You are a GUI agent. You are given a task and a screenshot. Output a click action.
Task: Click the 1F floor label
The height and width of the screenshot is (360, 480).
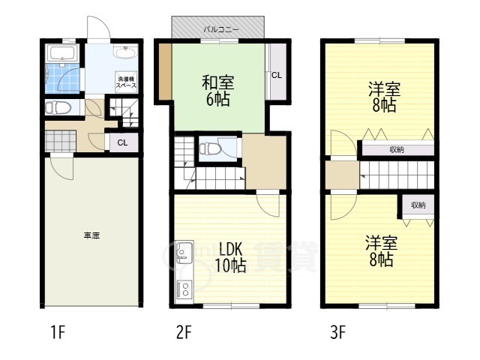click(x=58, y=332)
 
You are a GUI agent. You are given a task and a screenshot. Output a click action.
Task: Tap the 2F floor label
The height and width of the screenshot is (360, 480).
click(x=184, y=332)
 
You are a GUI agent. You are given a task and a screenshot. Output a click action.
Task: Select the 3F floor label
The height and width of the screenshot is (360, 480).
click(x=338, y=332)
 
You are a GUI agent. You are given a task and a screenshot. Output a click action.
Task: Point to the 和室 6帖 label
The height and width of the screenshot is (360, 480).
click(x=218, y=91)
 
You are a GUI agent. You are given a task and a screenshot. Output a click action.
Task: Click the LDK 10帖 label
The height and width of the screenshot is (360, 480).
click(x=230, y=257)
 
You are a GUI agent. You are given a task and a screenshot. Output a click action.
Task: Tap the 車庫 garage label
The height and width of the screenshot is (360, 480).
click(x=91, y=235)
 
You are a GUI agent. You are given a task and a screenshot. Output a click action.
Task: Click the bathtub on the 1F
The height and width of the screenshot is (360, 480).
click(x=63, y=52)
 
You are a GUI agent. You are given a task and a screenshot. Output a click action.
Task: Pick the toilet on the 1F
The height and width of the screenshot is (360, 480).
click(x=58, y=108)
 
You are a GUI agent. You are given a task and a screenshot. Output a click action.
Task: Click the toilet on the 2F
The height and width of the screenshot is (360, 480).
click(x=210, y=148)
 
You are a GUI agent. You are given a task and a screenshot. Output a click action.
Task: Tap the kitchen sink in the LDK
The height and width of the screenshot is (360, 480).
click(x=184, y=253)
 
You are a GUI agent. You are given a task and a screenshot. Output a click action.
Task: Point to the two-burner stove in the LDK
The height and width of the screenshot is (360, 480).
click(x=185, y=289)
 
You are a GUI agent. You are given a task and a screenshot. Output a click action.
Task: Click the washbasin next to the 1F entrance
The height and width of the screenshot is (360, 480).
click(x=125, y=52)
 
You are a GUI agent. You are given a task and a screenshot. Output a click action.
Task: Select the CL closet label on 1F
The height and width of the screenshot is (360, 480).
click(x=122, y=142)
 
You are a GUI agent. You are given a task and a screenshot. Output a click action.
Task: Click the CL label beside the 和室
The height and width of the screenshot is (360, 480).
click(x=277, y=75)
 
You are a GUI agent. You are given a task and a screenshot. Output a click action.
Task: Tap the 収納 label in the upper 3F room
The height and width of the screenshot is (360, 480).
click(x=397, y=150)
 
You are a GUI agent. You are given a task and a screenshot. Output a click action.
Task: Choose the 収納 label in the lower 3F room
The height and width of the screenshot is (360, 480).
click(x=418, y=205)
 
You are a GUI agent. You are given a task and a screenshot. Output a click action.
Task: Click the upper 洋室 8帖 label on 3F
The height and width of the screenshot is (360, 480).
click(x=384, y=97)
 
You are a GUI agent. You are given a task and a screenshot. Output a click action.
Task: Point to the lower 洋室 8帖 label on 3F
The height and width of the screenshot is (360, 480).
click(x=382, y=251)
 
